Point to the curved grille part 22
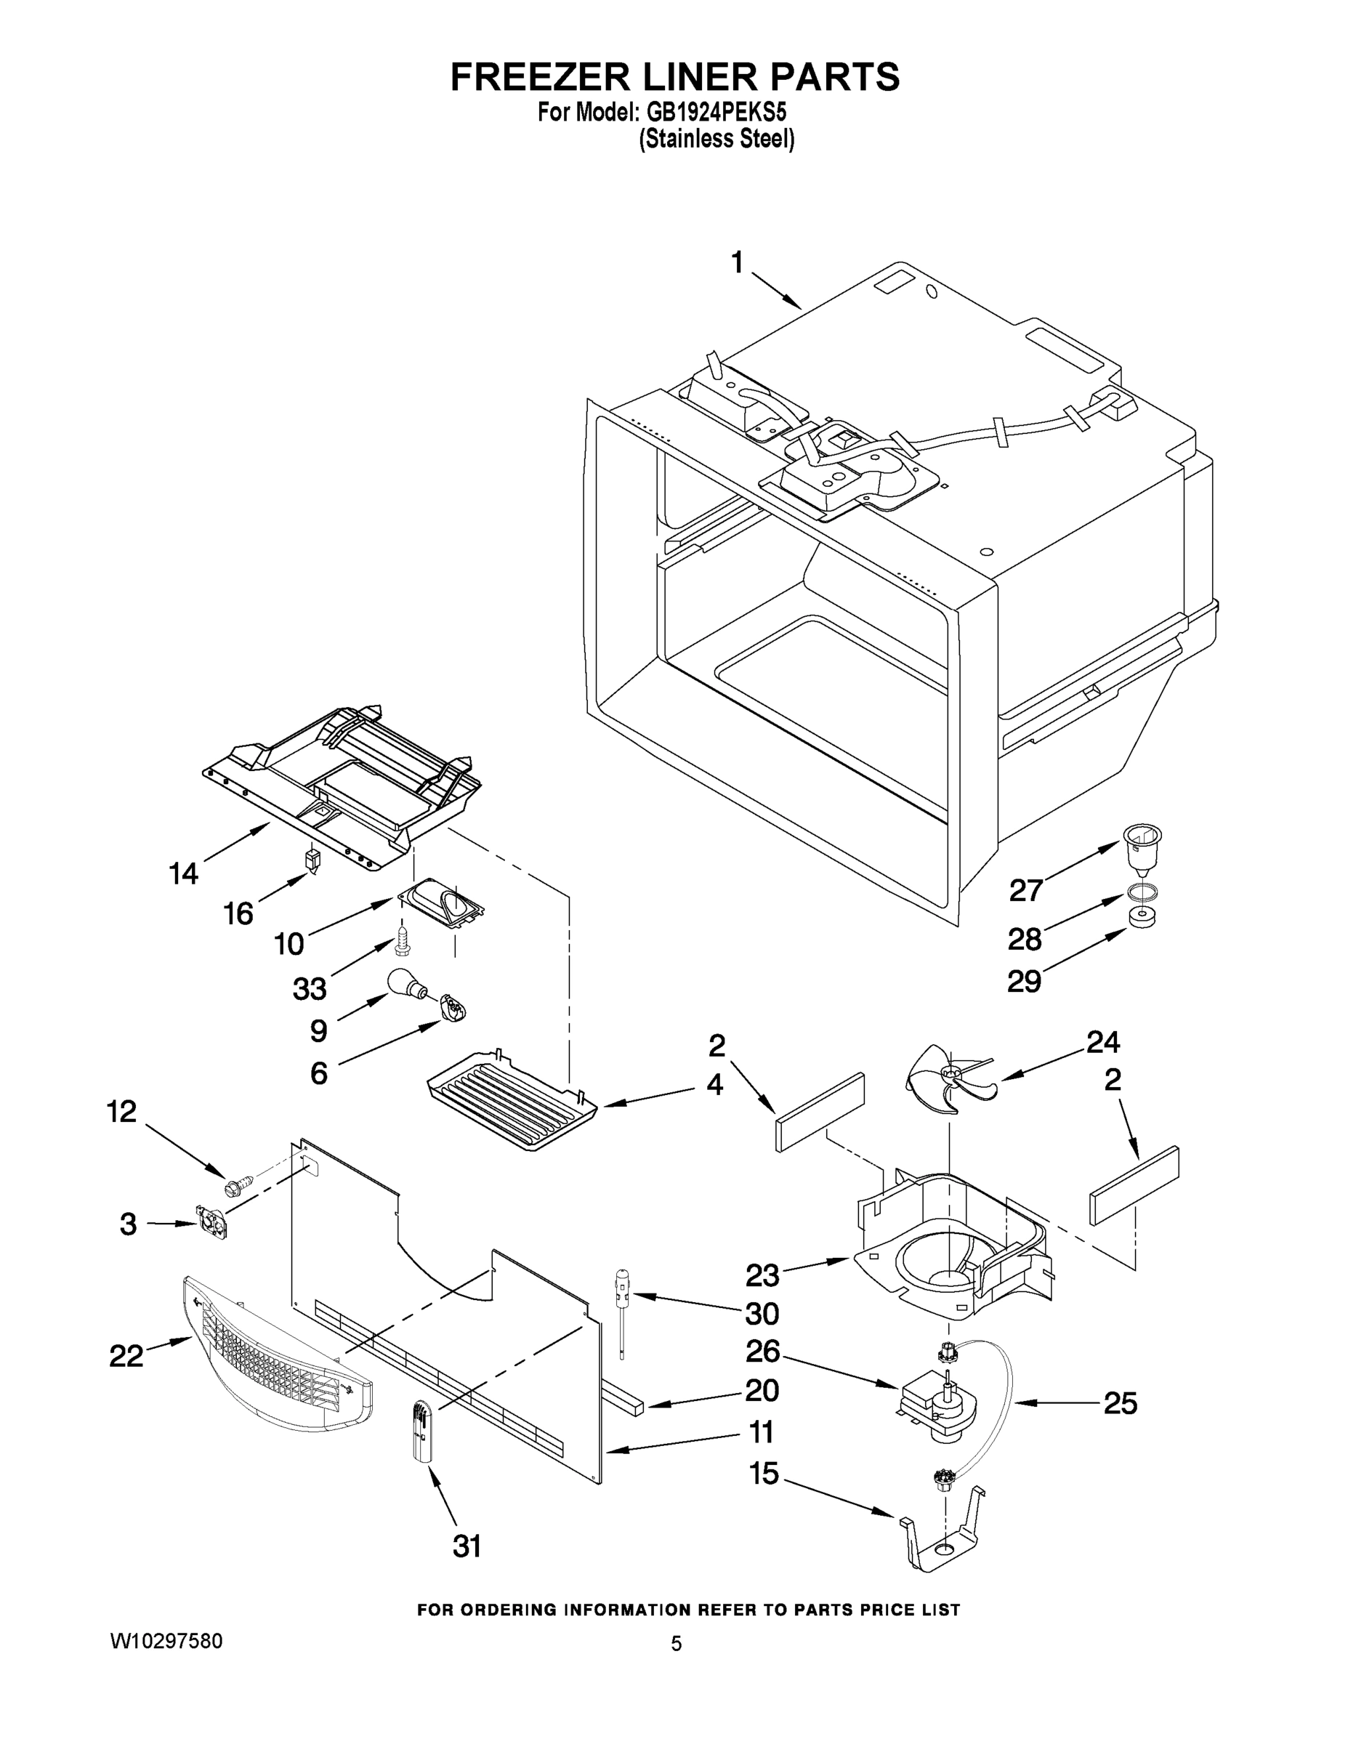275,1357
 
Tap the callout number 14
184,873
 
